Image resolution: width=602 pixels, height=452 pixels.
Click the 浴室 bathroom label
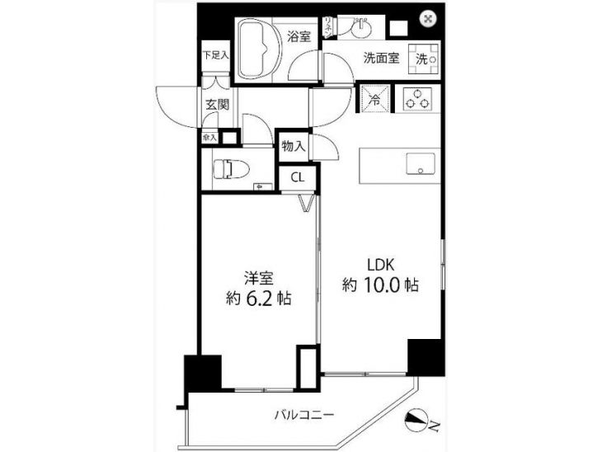[x=299, y=36]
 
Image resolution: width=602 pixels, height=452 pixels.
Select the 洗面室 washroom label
[x=382, y=59]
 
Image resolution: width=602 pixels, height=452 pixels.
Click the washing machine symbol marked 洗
[x=423, y=58]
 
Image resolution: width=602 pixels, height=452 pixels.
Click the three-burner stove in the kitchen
[x=417, y=99]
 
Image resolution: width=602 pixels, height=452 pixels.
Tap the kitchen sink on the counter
[x=421, y=163]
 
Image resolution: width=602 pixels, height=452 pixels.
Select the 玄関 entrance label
[x=217, y=106]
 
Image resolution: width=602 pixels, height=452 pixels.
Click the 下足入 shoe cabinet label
[x=215, y=56]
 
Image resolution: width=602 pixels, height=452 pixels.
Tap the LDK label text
[x=383, y=265]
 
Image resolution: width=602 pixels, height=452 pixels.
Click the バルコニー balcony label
[x=304, y=414]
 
